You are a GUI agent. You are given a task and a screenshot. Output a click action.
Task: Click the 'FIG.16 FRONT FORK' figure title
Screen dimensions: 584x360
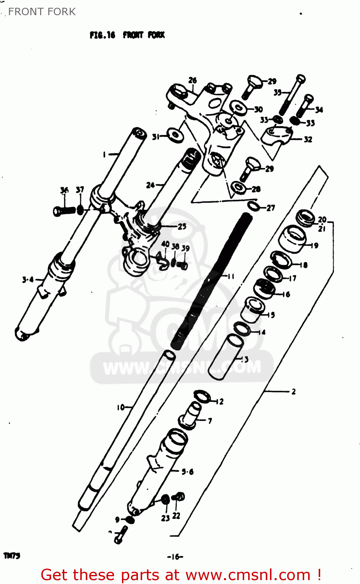pyautogui.click(x=127, y=35)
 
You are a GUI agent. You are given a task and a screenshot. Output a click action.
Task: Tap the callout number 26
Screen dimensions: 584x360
pyautogui.click(x=192, y=81)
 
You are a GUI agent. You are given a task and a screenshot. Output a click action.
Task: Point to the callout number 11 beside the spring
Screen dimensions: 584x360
pyautogui.click(x=231, y=276)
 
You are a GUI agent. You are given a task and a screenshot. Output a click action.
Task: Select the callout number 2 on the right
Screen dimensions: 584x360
pyautogui.click(x=293, y=391)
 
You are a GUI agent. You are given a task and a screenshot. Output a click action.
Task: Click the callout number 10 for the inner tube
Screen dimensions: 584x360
pyautogui.click(x=121, y=407)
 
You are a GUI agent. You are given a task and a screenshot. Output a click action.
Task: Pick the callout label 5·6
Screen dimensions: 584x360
pyautogui.click(x=187, y=472)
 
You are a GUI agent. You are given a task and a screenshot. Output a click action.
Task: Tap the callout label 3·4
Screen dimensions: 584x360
pyautogui.click(x=28, y=279)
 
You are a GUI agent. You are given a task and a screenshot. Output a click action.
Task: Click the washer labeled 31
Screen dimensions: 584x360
pyautogui.click(x=174, y=136)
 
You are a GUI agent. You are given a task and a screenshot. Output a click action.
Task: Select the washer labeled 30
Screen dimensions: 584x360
pyautogui.click(x=238, y=108)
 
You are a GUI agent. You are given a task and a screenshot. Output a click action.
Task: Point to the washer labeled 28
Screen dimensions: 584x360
pyautogui.click(x=239, y=188)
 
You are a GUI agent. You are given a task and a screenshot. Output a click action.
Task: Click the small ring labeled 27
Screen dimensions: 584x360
pyautogui.click(x=254, y=206)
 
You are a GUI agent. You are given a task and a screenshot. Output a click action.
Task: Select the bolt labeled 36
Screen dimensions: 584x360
pyautogui.click(x=64, y=211)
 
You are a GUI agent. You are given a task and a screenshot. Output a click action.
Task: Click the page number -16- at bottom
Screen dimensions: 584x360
pyautogui.click(x=175, y=557)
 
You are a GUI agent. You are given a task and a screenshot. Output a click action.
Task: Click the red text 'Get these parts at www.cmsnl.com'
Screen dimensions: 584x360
pyautogui.click(x=181, y=575)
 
